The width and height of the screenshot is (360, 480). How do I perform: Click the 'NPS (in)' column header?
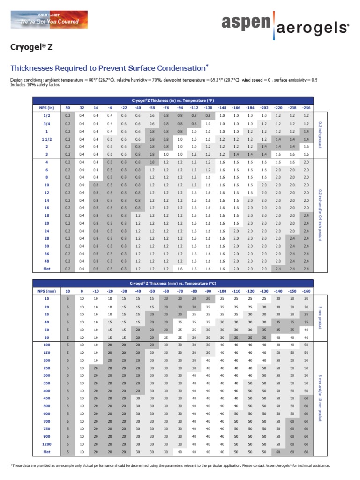(47, 108)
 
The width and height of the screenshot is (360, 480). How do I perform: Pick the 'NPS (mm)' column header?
(47, 291)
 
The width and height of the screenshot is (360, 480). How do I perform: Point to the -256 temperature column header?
(306, 108)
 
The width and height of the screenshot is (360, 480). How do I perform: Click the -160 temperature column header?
(306, 291)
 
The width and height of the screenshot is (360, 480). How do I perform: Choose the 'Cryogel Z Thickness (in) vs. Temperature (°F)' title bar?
(173, 100)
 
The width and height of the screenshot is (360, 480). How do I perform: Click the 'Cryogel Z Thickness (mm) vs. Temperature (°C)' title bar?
(173, 283)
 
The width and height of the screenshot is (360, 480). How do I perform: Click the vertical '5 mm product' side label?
(320, 316)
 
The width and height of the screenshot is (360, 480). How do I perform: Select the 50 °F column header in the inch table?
(67, 108)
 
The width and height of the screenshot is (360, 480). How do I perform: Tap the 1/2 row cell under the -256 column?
(306, 115)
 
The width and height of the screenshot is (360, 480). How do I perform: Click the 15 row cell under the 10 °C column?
(67, 298)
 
